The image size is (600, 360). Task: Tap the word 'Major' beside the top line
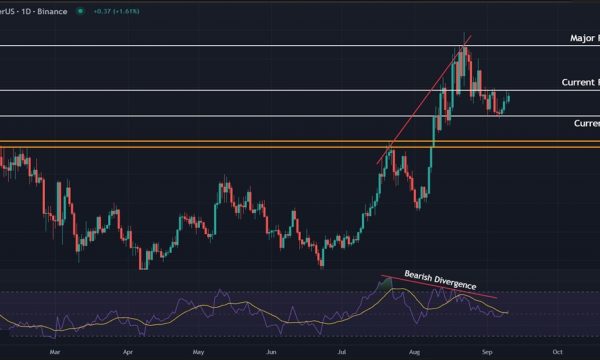pos(582,39)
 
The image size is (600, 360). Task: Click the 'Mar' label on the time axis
pos(56,352)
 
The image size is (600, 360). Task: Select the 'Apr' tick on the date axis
pos(128,352)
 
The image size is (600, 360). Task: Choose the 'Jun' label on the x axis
pos(271,352)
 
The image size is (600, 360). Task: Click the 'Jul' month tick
pos(341,352)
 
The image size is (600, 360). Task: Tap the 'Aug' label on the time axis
pos(414,352)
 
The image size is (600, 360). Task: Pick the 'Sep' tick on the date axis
pos(486,352)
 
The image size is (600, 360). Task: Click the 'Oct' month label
pos(557,352)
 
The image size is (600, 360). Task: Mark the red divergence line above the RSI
pos(440,289)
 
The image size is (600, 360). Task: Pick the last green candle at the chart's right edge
pos(508,98)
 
